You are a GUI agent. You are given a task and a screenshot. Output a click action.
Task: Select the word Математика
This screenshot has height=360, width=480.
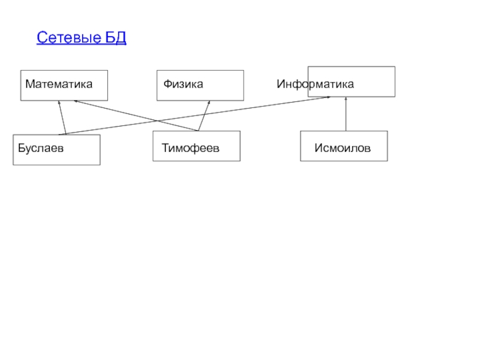click(x=59, y=84)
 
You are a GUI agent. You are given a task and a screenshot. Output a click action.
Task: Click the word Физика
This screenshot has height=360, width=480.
click(x=183, y=84)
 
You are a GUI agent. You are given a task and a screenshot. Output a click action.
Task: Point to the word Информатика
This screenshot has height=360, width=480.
click(x=315, y=84)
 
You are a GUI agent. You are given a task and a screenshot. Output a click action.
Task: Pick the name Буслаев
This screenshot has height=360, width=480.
click(x=41, y=148)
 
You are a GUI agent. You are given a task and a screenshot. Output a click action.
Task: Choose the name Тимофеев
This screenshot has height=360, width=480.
click(x=190, y=148)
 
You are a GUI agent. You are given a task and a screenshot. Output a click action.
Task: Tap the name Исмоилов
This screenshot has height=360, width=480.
click(x=343, y=148)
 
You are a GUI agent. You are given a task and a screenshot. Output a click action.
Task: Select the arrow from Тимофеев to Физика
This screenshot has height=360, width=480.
click(x=204, y=116)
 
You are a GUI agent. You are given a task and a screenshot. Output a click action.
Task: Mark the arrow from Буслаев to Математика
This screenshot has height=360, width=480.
click(x=62, y=118)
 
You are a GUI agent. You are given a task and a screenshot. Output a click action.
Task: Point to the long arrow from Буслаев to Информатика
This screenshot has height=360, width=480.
click(x=198, y=115)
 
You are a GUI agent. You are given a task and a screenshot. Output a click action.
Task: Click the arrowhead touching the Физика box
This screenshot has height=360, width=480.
click(x=209, y=103)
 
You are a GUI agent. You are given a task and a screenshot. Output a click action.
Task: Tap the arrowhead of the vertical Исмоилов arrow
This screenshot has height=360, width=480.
click(x=346, y=99)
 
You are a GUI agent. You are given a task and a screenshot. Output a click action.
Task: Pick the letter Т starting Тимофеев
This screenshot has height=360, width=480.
click(x=164, y=148)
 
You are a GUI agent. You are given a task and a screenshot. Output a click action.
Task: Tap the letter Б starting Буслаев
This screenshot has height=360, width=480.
click(x=21, y=148)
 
